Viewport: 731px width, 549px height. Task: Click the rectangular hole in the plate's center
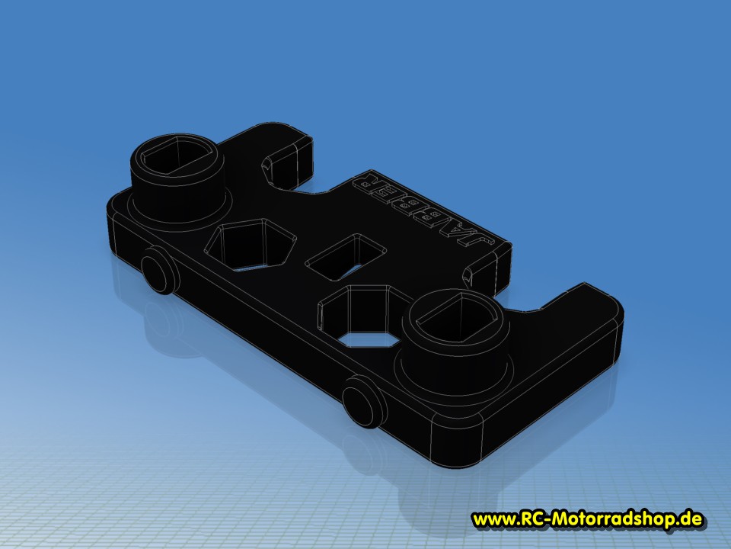[x=346, y=257]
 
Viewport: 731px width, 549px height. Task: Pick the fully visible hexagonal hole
[x=251, y=245]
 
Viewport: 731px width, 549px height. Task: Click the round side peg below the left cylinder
[x=158, y=271]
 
